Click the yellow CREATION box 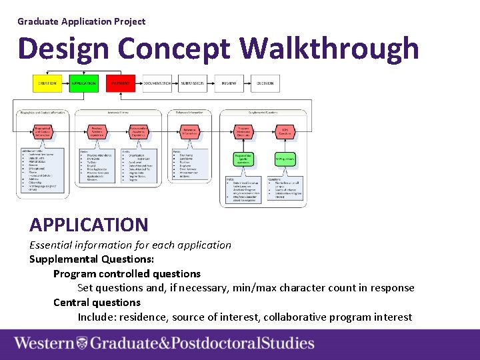(47, 83)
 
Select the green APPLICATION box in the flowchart (83, 83)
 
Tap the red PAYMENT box (121, 83)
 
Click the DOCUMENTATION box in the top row (157, 83)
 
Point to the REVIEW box (229, 83)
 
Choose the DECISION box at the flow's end (265, 83)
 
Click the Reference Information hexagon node (191, 132)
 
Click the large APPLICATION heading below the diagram (89, 225)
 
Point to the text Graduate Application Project (81, 21)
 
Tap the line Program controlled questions (127, 273)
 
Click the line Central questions (97, 302)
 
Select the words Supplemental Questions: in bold (92, 259)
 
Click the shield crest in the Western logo (81, 343)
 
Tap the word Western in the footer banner (44, 343)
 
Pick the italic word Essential (51, 245)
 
